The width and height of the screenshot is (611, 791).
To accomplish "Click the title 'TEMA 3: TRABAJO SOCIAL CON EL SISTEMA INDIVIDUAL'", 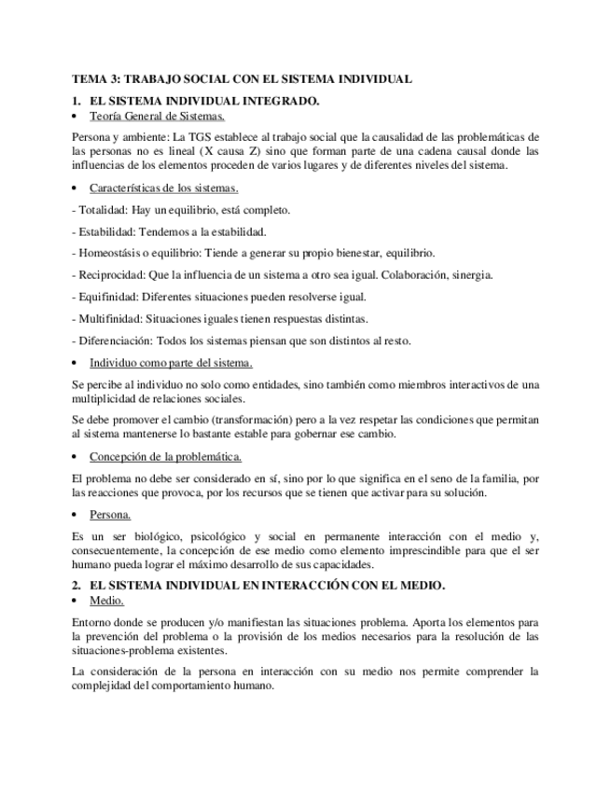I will coord(242,80).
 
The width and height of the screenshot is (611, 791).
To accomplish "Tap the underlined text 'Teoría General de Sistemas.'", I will coord(157,117).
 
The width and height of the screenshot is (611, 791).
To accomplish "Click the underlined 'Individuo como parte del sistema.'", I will coord(171,362).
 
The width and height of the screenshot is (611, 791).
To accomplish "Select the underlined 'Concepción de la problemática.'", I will coord(165,456).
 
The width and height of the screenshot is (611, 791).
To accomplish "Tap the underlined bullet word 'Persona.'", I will coord(110,514).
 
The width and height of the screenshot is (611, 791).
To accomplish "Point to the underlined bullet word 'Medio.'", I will coord(106,602).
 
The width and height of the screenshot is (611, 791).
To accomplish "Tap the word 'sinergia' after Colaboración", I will coord(471,275).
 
